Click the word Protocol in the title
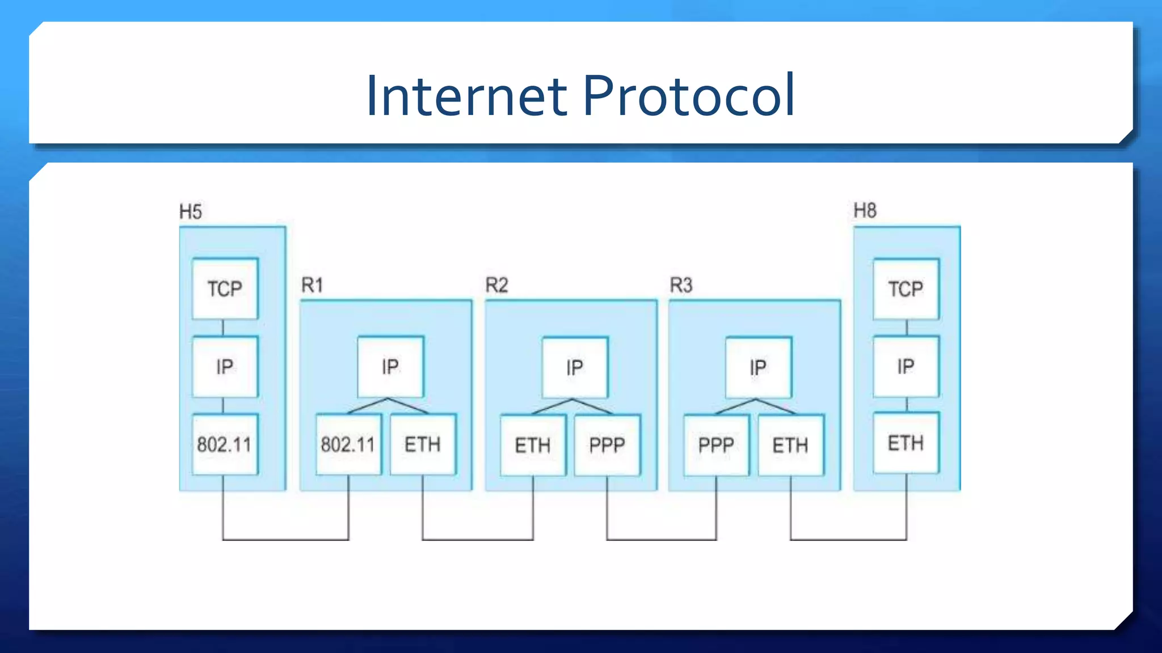[688, 96]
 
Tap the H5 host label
[191, 212]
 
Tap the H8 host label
[865, 211]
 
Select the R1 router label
[312, 285]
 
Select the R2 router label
[496, 285]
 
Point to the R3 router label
[681, 285]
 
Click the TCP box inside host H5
[225, 289]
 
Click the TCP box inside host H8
[906, 289]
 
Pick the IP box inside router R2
[574, 367]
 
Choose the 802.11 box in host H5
[225, 444]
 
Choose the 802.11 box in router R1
[348, 444]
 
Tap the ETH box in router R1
[423, 444]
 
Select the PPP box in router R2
[607, 445]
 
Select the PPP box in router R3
[716, 445]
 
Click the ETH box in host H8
[906, 443]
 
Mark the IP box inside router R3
[758, 367]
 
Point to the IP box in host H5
[225, 367]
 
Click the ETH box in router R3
[790, 445]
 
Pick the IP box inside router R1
[390, 367]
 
